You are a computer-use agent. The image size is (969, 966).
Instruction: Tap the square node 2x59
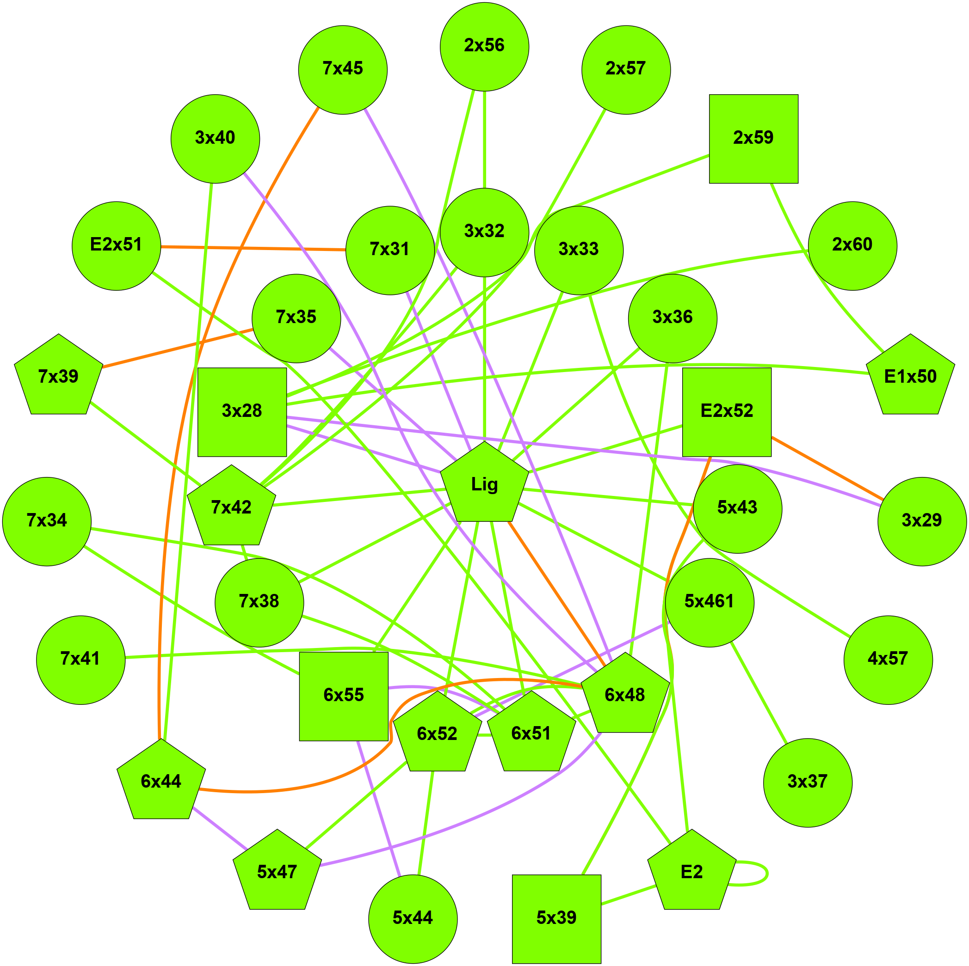(753, 139)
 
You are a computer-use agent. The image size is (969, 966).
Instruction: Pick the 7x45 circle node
(343, 70)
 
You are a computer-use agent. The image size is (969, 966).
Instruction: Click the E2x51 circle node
(117, 245)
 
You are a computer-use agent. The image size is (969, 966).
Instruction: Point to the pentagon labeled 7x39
(59, 377)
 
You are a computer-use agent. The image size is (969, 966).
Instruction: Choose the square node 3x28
(242, 412)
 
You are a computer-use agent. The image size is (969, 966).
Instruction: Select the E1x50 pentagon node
(910, 377)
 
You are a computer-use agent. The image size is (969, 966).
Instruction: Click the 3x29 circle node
(921, 521)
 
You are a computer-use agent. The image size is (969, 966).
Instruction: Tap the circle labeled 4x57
(888, 660)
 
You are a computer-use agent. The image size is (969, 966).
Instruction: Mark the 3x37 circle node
(808, 783)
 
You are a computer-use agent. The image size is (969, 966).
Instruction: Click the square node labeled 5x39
(556, 919)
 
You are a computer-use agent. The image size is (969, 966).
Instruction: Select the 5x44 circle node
(413, 919)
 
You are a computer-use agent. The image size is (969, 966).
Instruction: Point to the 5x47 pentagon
(277, 873)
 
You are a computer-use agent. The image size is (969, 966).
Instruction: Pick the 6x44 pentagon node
(161, 783)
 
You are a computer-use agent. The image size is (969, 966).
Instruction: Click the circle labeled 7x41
(81, 660)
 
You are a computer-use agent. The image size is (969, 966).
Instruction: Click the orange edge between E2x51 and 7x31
(253, 248)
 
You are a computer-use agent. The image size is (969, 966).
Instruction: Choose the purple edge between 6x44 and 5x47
(220, 828)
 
